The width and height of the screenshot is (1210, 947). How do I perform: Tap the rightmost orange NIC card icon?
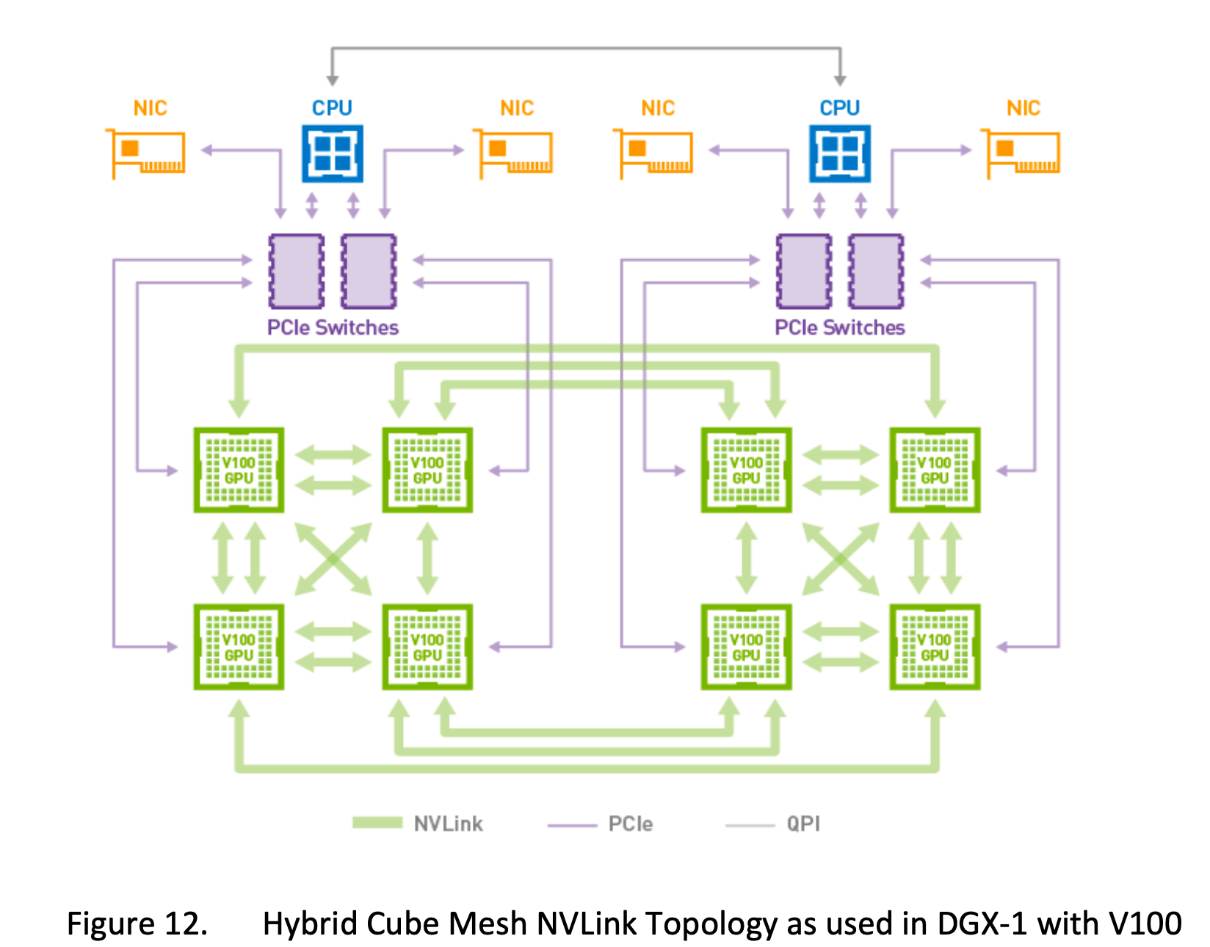pos(1023,153)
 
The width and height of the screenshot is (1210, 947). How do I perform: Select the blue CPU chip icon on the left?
pos(333,153)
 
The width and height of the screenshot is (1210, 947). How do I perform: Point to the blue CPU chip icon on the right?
pos(840,153)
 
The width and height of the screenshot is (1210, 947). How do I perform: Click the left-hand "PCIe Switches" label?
pos(333,327)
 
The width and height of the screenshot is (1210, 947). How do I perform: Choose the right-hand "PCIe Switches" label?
pos(840,327)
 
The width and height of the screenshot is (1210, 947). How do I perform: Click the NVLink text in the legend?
pos(449,824)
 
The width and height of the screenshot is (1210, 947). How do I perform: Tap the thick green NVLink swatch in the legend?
pos(377,823)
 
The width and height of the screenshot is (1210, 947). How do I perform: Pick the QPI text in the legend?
pos(803,824)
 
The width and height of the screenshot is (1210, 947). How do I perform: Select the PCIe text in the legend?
pos(631,824)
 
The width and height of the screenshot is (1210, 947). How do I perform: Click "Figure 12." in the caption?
pos(137,924)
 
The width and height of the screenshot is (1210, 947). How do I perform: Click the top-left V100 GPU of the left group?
pos(239,470)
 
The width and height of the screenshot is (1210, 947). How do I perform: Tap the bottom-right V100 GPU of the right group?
pos(935,647)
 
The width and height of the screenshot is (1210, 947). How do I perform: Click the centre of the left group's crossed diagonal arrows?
pos(333,559)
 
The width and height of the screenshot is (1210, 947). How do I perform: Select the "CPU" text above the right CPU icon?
pos(840,108)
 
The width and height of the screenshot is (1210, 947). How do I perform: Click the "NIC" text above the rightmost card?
pos(1024,108)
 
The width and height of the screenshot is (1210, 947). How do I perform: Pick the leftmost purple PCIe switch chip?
pos(297,271)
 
